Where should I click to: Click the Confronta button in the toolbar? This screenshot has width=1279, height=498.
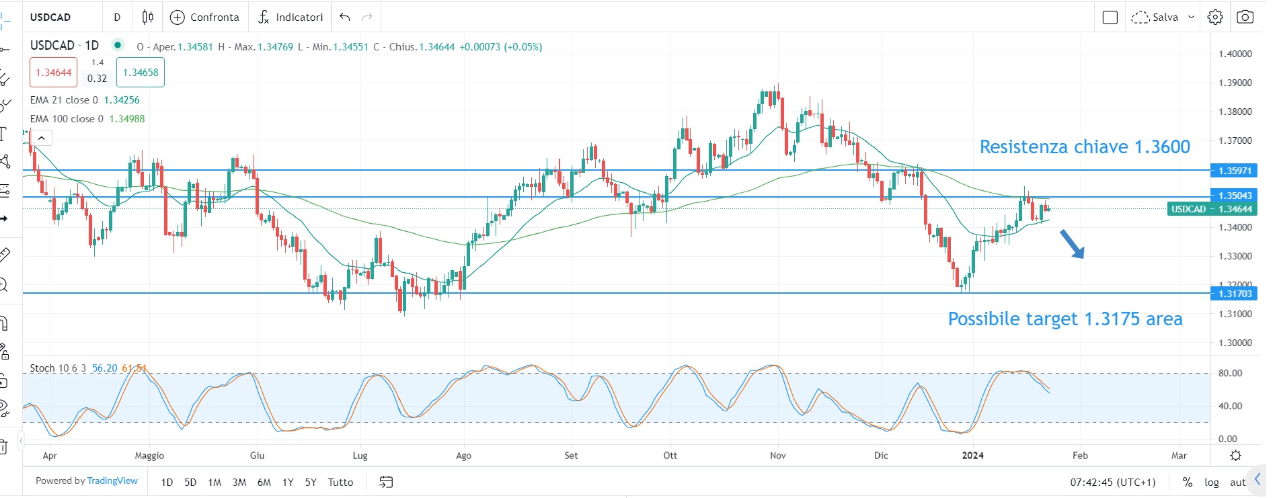[x=205, y=17]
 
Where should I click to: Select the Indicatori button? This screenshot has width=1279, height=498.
[x=290, y=17]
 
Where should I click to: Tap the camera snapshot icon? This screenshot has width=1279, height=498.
[x=1245, y=17]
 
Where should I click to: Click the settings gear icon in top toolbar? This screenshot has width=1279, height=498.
[x=1215, y=17]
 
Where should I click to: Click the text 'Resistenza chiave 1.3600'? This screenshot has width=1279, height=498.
[x=1084, y=147]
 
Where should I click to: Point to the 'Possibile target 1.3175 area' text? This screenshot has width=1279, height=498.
[x=1064, y=319]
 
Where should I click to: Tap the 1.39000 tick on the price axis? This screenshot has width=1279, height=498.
[x=1235, y=83]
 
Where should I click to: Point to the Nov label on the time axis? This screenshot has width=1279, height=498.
[x=777, y=456]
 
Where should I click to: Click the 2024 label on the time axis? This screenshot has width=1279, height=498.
[x=972, y=456]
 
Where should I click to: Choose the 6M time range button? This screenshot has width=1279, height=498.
[x=264, y=483]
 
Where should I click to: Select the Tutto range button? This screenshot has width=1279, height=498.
[x=340, y=483]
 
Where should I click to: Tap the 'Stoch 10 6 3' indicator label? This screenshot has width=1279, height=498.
[x=58, y=368]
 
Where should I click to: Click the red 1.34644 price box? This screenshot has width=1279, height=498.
[x=53, y=73]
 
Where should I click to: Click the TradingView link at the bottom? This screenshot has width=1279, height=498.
[x=112, y=481]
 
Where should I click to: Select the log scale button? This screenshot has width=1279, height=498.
[x=1211, y=483]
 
